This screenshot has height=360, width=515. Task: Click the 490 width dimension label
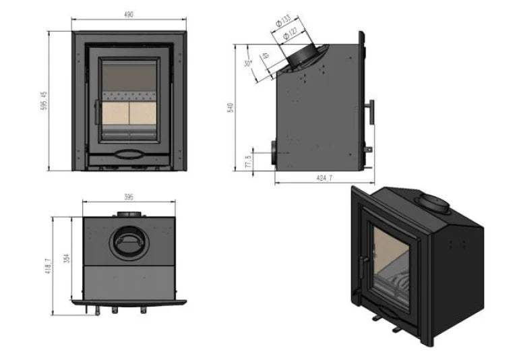(128, 15)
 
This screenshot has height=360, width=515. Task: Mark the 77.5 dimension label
(248, 162)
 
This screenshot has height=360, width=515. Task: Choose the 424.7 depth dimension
(325, 178)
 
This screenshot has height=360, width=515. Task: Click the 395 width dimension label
(129, 197)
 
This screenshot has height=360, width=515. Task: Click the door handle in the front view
(96, 112)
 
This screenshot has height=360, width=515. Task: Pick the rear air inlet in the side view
(274, 153)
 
